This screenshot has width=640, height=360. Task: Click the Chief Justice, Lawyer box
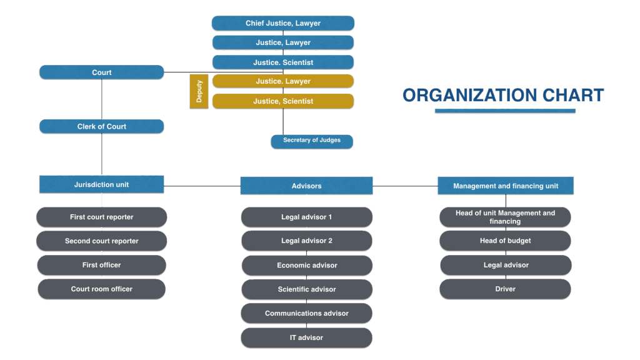282,24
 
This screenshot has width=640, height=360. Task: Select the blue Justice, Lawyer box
282,42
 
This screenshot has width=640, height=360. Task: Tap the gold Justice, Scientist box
282,101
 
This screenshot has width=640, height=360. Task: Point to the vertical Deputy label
199,91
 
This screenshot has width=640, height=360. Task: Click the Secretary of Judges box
311,141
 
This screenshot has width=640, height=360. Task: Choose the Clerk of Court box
101,127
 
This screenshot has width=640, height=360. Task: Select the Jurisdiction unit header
101,184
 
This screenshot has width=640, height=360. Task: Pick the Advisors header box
306,186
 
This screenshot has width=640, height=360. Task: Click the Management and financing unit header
505,186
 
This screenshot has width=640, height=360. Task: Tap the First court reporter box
101,217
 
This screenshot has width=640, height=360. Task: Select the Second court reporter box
101,241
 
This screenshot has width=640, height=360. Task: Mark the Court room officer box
101,289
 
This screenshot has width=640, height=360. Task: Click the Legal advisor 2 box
306,241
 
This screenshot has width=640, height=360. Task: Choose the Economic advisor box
306,266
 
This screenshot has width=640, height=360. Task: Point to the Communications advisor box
306,314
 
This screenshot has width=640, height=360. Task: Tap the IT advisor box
306,338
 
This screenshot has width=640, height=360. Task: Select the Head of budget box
505,241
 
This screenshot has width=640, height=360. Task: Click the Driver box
505,289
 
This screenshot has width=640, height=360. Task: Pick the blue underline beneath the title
505,111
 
